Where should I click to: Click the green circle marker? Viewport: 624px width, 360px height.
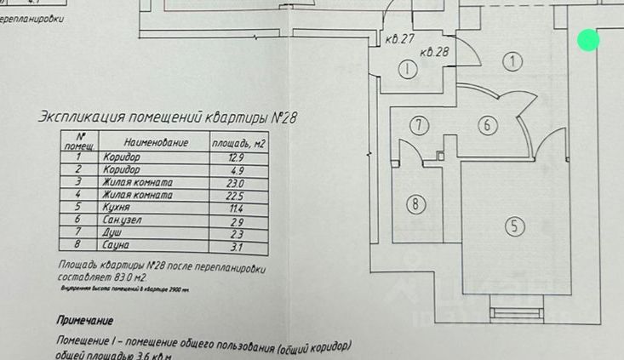tap(588, 40)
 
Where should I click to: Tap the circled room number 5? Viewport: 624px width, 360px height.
tap(515, 226)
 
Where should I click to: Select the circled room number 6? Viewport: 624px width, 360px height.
tap(487, 125)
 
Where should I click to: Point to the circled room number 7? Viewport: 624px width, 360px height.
tap(418, 125)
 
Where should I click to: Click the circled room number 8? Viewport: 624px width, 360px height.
tap(415, 204)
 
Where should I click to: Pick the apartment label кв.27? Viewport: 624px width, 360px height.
tap(399, 39)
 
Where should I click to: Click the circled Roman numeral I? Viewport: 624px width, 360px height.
tap(408, 70)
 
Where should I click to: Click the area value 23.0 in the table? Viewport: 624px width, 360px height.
tap(234, 183)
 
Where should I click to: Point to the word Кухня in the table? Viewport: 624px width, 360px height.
tap(117, 208)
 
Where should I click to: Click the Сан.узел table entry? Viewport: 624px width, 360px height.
tap(124, 220)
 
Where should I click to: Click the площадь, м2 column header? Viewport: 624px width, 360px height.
tap(239, 142)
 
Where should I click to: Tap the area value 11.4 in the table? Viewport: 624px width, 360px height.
tap(234, 209)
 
